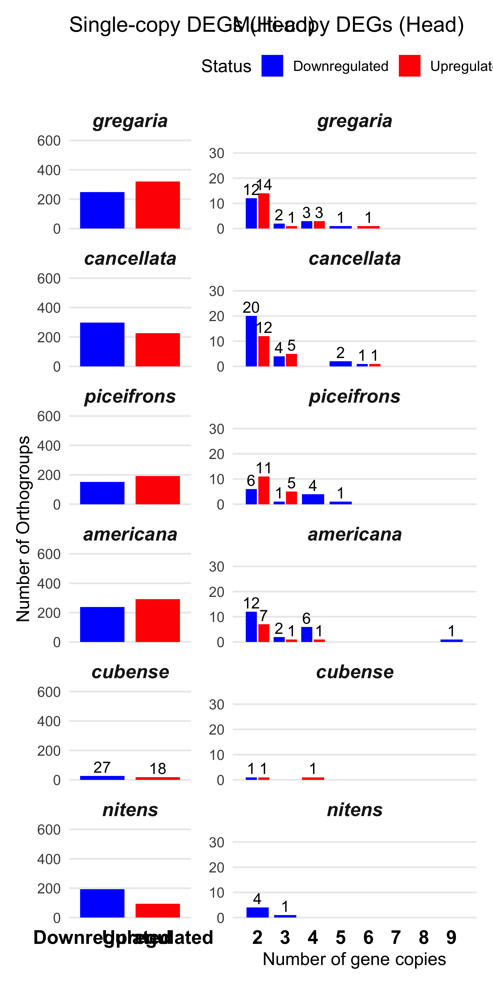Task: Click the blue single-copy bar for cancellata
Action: point(102,344)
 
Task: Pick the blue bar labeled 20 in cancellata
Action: point(251,341)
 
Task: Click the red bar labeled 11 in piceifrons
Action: point(264,490)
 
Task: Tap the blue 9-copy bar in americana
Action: point(451,640)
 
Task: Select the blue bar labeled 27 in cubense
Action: point(102,778)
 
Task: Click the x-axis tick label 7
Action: point(396,937)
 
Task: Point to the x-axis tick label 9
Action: point(451,937)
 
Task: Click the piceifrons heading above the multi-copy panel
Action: point(354,396)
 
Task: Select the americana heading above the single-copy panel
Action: point(130,534)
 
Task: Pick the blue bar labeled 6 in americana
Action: point(307,634)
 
